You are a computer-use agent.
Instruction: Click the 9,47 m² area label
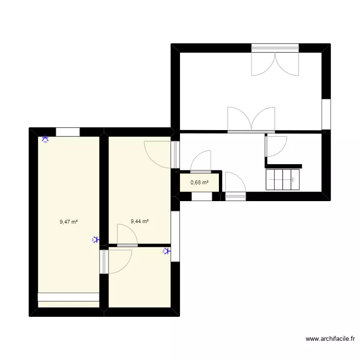coord(69,222)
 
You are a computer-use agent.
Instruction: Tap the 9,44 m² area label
coord(140,222)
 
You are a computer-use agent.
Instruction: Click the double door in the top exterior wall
coord(275,62)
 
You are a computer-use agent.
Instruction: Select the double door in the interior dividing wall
coord(251,120)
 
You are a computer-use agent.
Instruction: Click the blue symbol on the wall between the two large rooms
coord(96,240)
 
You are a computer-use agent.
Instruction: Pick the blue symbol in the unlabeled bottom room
coord(166,251)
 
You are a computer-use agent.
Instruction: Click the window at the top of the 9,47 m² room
coord(68,132)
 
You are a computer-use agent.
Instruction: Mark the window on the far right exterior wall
coord(326,115)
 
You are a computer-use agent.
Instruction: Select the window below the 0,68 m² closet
coord(202,196)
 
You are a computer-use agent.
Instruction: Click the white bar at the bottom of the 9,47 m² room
coord(68,298)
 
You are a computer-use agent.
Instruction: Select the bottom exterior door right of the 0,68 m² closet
coord(235,185)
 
